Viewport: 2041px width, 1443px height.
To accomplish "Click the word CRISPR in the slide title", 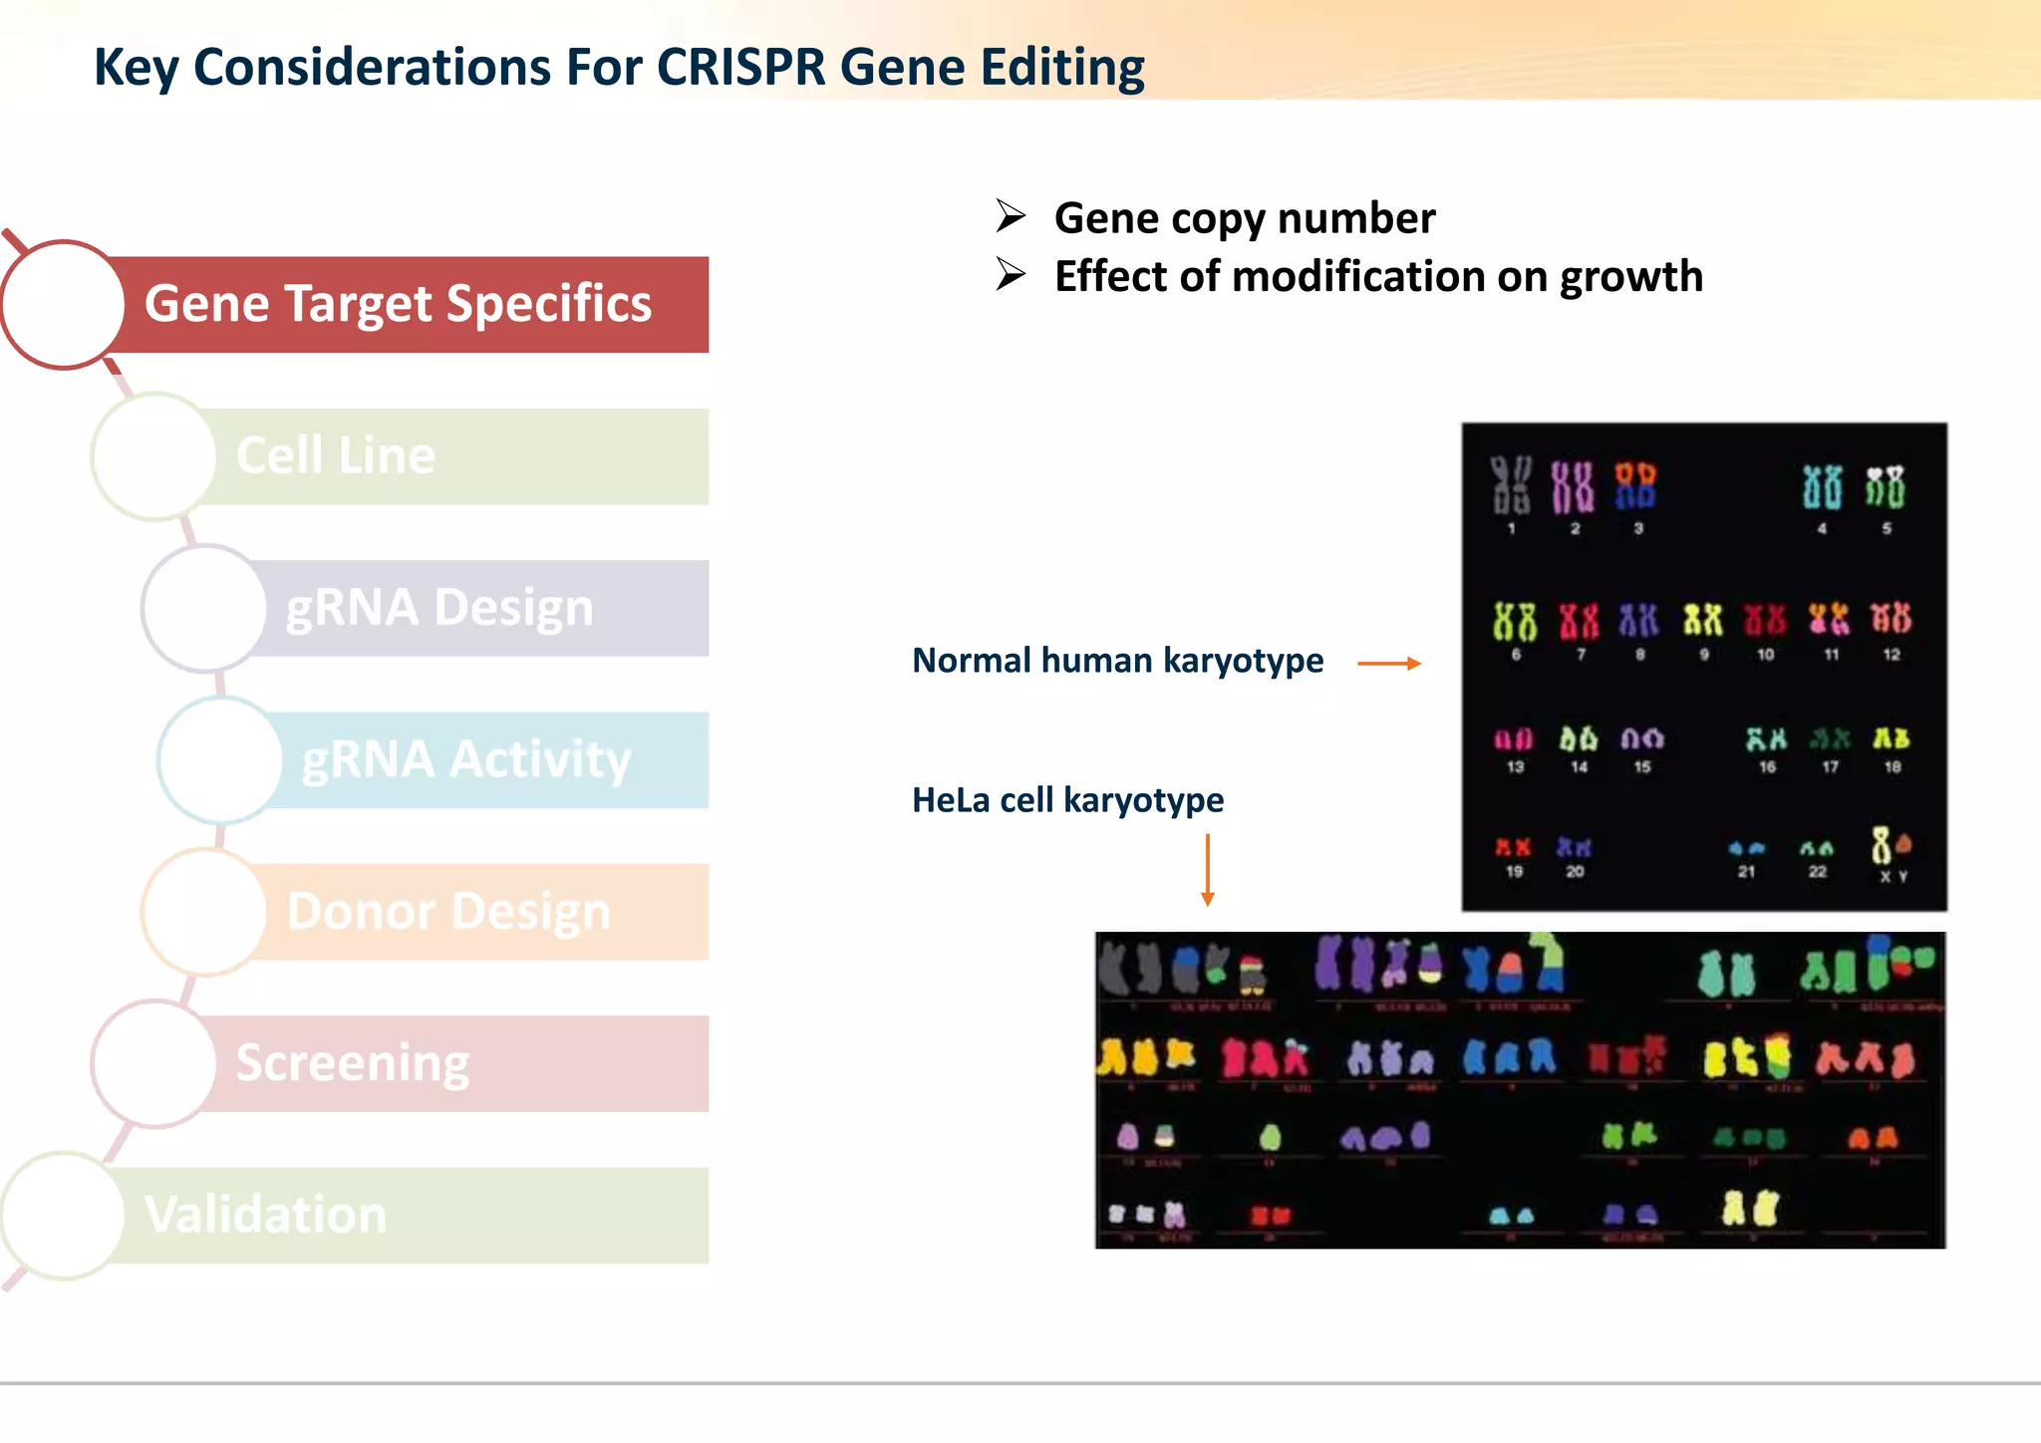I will click(740, 68).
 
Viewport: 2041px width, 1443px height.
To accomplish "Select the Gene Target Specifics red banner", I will click(399, 304).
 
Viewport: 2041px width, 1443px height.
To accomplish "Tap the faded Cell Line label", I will click(336, 455).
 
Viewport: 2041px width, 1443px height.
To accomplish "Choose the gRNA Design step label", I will click(439, 608).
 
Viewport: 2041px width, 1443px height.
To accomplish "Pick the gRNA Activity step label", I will click(466, 759).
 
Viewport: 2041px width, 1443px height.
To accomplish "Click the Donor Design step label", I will click(448, 911).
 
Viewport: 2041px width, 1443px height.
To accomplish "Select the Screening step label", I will click(353, 1063).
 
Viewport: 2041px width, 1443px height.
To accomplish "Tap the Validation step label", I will click(266, 1215).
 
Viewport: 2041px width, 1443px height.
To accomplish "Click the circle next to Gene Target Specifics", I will click(64, 304).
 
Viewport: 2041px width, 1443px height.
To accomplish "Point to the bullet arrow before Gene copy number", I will click(1011, 216).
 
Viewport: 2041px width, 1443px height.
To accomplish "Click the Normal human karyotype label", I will click(1117, 661).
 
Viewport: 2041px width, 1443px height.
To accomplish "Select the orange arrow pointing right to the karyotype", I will click(1389, 663).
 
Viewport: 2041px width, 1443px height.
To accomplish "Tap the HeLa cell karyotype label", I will click(1067, 800).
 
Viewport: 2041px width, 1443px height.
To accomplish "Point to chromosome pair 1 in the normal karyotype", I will click(1511, 485).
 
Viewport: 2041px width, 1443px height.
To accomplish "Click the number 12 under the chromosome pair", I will click(1892, 655).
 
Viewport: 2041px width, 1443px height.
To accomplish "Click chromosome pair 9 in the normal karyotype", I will click(1702, 620).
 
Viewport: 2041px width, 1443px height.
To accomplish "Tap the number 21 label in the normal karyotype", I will click(1746, 872).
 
